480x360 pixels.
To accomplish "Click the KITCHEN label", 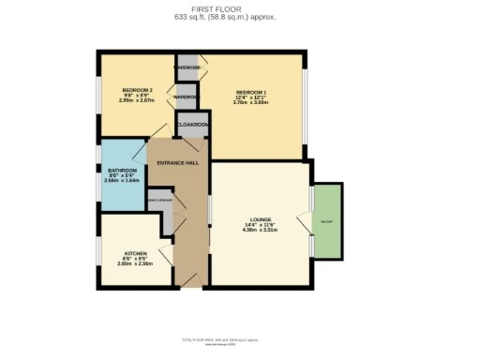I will pyautogui.click(x=136, y=254).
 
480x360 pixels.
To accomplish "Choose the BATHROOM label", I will pyautogui.click(x=122, y=170).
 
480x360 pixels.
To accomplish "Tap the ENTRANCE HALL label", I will pyautogui.click(x=177, y=163).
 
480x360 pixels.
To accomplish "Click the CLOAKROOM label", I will pyautogui.click(x=192, y=123).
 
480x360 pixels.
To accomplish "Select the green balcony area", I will pyautogui.click(x=326, y=220).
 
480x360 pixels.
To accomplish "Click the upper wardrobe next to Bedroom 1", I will pyautogui.click(x=187, y=68).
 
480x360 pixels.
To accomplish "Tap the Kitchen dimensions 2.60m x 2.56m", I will pyautogui.click(x=136, y=263).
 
